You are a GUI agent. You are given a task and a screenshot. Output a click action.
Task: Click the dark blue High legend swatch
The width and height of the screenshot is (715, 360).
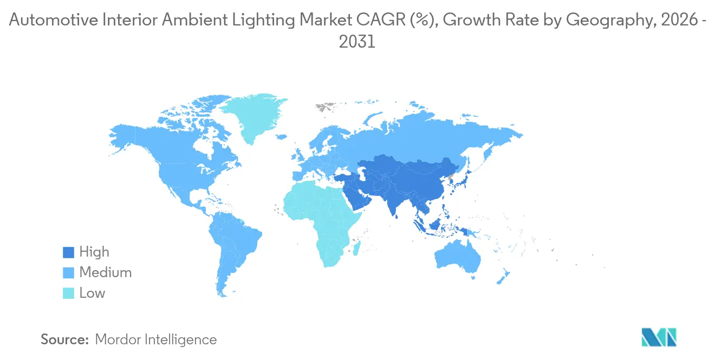pyautogui.click(x=68, y=252)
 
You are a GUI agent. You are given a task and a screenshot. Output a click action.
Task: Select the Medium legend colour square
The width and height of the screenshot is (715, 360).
pyautogui.click(x=68, y=273)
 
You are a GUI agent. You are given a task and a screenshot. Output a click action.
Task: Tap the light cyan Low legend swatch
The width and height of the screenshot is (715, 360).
pyautogui.click(x=68, y=293)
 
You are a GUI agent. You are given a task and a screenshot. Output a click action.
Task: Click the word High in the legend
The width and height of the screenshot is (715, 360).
pyautogui.click(x=94, y=252)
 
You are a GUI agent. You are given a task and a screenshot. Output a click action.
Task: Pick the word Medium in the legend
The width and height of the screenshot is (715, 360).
pyautogui.click(x=105, y=273)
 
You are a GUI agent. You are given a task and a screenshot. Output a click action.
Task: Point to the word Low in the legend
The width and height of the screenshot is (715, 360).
pyautogui.click(x=92, y=293)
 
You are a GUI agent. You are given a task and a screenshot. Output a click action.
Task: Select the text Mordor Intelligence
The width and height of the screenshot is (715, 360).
pyautogui.click(x=155, y=339)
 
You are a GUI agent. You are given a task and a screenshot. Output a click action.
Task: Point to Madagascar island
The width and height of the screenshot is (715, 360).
pyautogui.click(x=357, y=248)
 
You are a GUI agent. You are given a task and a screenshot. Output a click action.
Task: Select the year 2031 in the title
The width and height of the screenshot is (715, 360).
pyautogui.click(x=357, y=42)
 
